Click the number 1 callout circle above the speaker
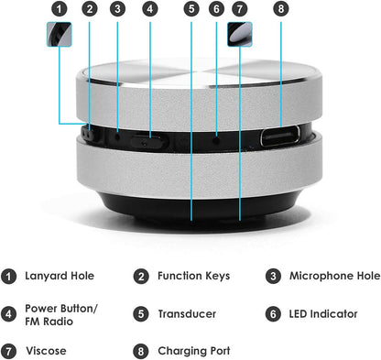(x=60, y=9)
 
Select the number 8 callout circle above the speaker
(x=280, y=9)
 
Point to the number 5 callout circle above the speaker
(x=190, y=9)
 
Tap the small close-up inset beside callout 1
(x=59, y=35)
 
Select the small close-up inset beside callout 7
(x=241, y=35)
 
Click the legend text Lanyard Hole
(x=60, y=276)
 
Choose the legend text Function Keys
(x=193, y=276)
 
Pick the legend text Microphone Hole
(x=334, y=276)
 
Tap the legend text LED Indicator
(x=323, y=314)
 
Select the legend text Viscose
(x=45, y=351)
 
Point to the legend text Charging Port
(x=194, y=351)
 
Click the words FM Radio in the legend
(x=50, y=322)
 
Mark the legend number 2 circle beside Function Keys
(x=141, y=276)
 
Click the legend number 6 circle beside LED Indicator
(x=273, y=314)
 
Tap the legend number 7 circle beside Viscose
(x=9, y=351)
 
